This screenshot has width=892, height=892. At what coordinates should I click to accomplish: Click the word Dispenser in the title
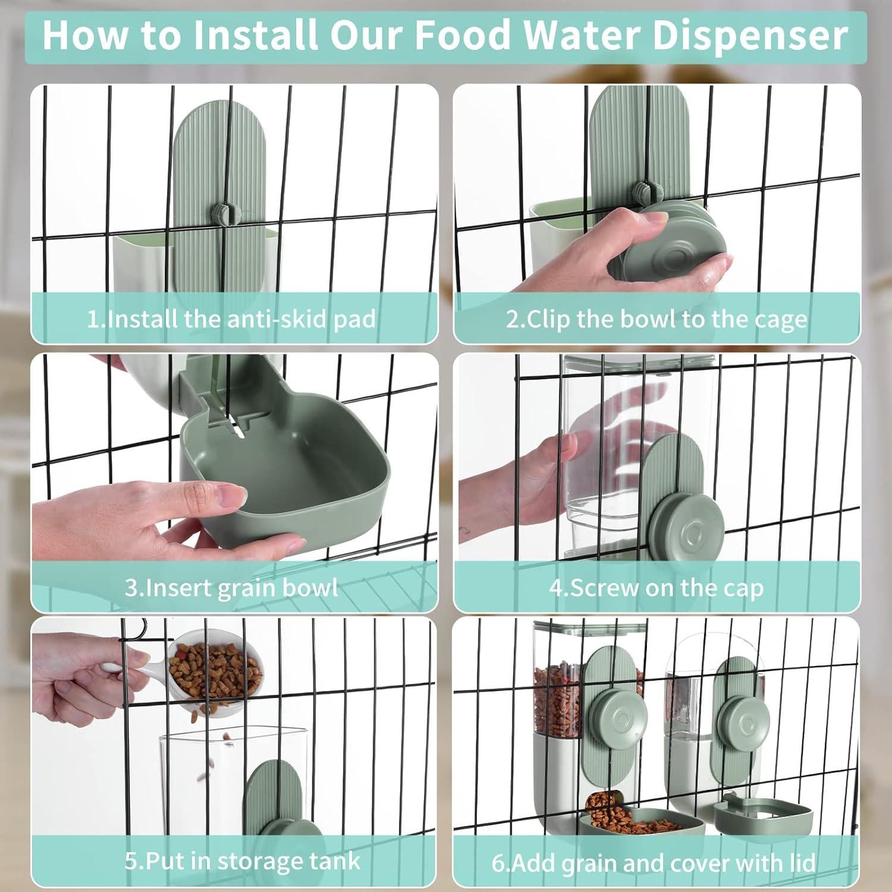750,36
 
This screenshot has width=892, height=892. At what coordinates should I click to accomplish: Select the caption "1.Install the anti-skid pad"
231,319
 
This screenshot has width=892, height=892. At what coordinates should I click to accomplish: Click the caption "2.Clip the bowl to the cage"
657,319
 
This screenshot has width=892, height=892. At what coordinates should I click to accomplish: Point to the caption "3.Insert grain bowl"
231,588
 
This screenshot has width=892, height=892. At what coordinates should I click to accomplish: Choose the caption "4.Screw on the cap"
656,588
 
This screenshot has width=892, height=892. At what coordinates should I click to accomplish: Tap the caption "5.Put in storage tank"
242,861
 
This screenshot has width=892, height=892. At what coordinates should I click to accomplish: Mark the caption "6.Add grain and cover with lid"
654,863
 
